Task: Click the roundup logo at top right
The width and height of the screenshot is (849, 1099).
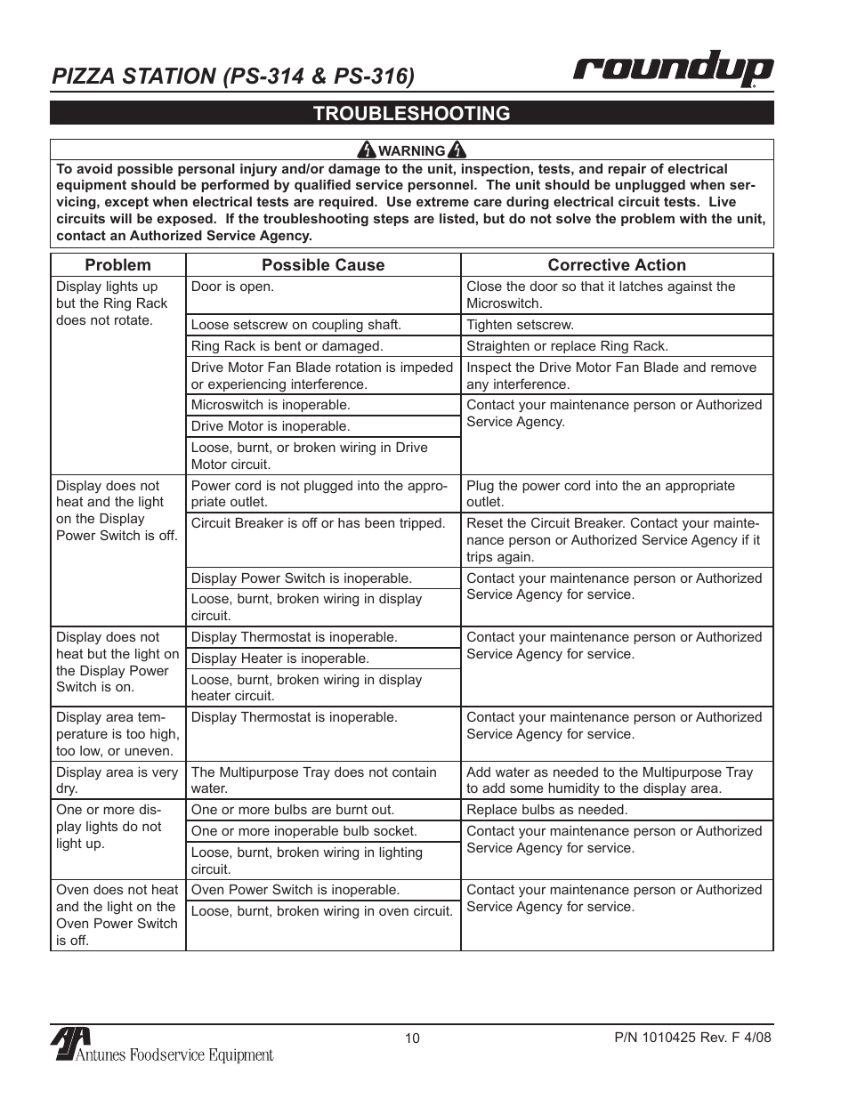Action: (x=672, y=69)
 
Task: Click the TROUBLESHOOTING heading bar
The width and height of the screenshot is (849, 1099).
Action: (x=411, y=113)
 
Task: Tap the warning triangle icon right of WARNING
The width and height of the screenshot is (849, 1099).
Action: (x=457, y=149)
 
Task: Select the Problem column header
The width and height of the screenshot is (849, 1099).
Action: (x=117, y=264)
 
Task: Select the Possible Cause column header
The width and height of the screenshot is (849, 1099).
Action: (x=323, y=264)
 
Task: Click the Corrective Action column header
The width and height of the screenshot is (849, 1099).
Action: (x=616, y=264)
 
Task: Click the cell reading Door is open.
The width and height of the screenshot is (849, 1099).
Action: (x=233, y=287)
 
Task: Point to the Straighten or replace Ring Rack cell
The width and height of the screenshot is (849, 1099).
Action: (x=567, y=346)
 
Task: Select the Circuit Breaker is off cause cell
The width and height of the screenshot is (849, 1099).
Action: (x=318, y=523)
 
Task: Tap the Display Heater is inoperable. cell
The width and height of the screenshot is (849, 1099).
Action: (x=279, y=659)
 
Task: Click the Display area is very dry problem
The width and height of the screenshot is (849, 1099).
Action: (x=117, y=780)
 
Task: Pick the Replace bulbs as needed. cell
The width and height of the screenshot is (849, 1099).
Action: (x=546, y=810)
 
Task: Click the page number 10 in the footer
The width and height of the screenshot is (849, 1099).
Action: (x=411, y=1038)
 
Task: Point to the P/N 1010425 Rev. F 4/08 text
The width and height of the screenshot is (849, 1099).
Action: (x=692, y=1038)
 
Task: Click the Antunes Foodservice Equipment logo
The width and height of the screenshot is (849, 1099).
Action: (x=162, y=1046)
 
